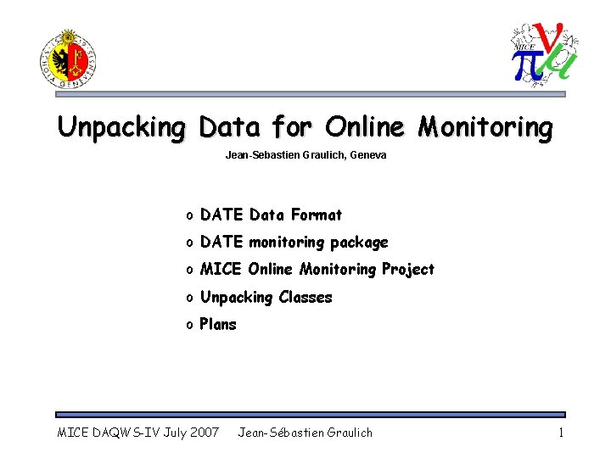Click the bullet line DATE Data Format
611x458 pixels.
(271, 215)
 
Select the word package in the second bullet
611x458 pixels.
(359, 243)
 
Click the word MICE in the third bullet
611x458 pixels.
(218, 270)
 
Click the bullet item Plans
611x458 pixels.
(218, 325)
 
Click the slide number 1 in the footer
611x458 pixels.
(561, 433)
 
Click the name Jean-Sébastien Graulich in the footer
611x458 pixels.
(305, 433)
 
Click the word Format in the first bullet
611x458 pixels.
(316, 215)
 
